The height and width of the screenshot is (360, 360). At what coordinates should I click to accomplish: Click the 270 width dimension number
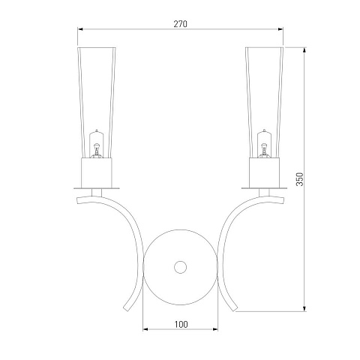tap(180, 24)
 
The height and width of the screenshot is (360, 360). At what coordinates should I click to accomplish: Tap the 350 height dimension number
tap(299, 179)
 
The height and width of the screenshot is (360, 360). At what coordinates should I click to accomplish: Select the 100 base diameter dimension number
tap(181, 324)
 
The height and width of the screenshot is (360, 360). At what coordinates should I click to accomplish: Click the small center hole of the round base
tap(180, 267)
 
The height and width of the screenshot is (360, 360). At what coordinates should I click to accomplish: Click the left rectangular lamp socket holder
tap(97, 172)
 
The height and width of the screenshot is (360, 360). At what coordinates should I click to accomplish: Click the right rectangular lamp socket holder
tap(264, 172)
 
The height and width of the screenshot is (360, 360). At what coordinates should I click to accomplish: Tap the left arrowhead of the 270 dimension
tap(80, 29)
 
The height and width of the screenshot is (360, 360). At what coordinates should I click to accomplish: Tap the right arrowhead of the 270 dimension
tap(280, 29)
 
